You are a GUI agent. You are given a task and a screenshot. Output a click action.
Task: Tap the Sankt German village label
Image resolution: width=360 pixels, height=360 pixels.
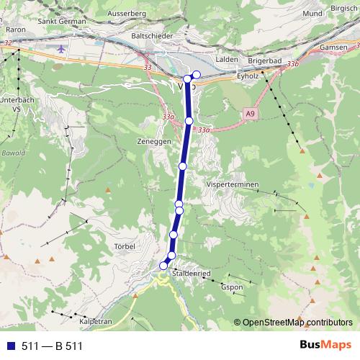click(x=57, y=22)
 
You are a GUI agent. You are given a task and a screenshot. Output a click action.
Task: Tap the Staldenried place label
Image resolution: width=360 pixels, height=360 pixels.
click(x=192, y=274)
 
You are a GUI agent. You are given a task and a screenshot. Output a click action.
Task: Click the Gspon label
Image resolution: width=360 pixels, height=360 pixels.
click(x=232, y=288)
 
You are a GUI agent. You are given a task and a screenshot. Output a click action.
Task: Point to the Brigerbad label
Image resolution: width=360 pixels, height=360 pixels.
click(x=268, y=62)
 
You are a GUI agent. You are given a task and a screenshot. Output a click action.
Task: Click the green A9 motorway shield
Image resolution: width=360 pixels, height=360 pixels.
click(x=249, y=113)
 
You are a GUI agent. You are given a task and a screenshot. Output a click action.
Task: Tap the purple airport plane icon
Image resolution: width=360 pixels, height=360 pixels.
click(x=60, y=50)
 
